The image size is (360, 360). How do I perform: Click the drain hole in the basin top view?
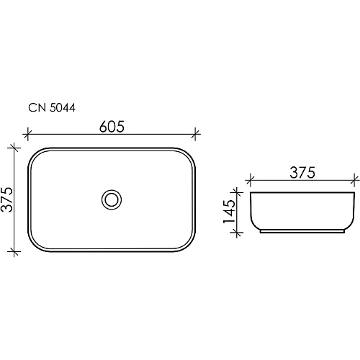pyautogui.click(x=111, y=199)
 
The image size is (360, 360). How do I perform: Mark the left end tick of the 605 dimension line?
pyautogui.click(x=27, y=134)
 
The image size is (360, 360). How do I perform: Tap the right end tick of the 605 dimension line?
pyautogui.click(x=196, y=134)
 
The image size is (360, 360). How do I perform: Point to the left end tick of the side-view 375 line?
pyautogui.click(x=250, y=179)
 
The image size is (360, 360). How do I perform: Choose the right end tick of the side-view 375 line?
pyautogui.click(x=354, y=179)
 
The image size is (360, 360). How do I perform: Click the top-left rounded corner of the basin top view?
pyautogui.click(x=34, y=153)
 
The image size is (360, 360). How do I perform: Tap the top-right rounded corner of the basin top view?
pyautogui.click(x=189, y=153)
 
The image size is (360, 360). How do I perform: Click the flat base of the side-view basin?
pyautogui.click(x=302, y=233)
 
